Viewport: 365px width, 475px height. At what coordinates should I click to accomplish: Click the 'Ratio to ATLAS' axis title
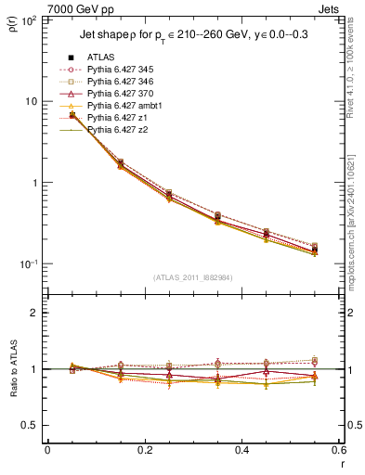click(13, 369)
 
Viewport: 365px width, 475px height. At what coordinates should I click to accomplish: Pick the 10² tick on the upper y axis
click(31, 19)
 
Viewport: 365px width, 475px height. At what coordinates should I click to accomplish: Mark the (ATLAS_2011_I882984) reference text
click(191, 277)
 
